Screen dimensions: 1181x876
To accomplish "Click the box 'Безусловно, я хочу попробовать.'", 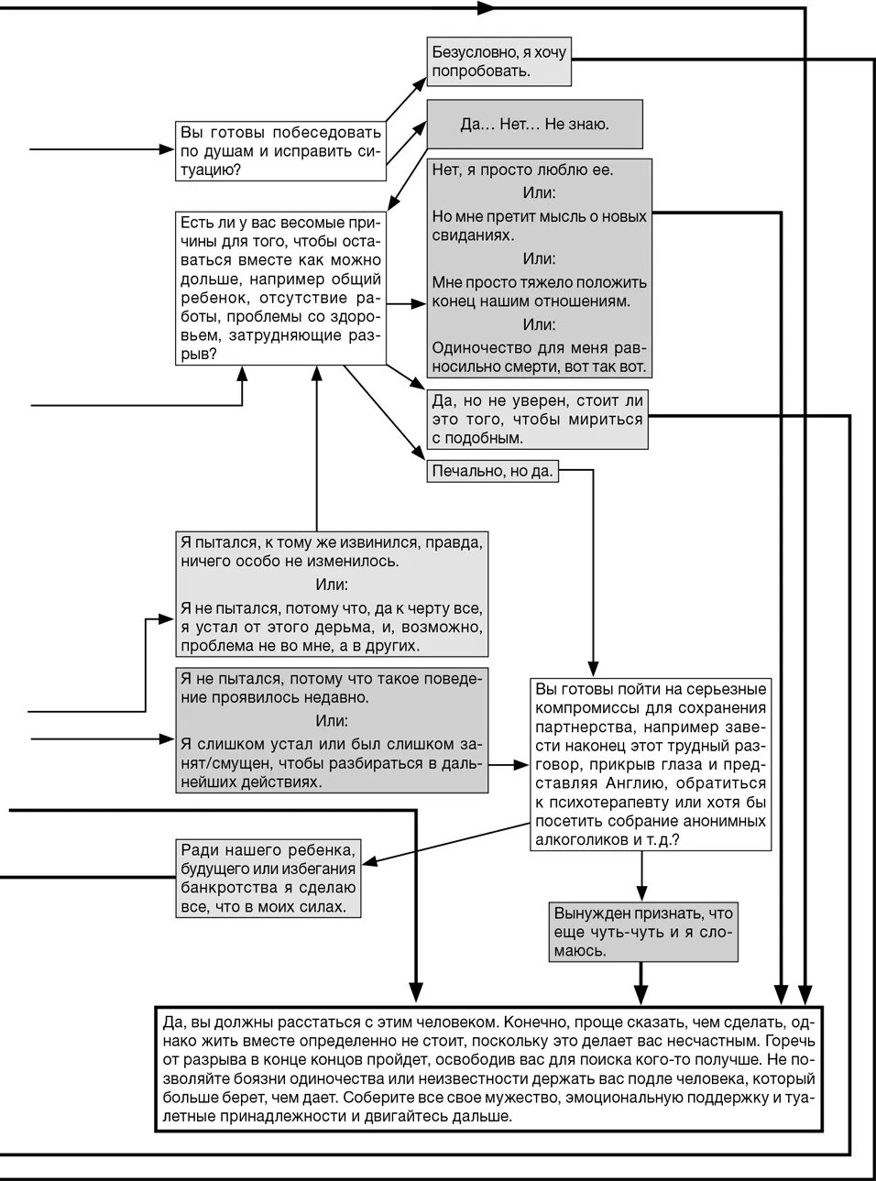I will click(x=499, y=62).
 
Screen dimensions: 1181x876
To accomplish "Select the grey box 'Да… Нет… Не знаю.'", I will click(x=534, y=124).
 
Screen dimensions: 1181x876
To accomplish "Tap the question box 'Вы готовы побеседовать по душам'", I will click(x=280, y=150).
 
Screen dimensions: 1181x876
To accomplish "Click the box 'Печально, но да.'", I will click(x=492, y=471).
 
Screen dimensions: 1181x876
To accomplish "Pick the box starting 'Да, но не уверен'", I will click(x=538, y=419).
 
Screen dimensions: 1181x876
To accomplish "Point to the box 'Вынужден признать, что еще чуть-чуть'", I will click(x=643, y=931).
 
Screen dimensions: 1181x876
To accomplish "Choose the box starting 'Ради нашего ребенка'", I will click(x=268, y=878).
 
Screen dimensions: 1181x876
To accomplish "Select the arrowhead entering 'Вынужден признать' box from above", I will click(x=641, y=894).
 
